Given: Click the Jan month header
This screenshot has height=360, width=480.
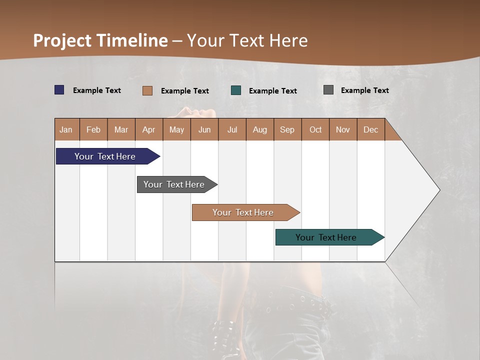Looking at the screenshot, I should (66, 129).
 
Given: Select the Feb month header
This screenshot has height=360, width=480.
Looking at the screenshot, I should (93, 129).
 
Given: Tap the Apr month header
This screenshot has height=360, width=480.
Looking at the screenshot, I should (148, 129).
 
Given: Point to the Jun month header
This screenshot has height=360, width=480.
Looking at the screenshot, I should (204, 129).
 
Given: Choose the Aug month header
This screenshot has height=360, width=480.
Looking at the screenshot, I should (259, 129).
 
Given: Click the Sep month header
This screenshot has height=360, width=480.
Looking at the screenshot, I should (287, 129).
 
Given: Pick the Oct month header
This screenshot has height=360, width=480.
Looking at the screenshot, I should (315, 129).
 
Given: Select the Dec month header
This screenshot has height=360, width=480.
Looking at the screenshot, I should (370, 129).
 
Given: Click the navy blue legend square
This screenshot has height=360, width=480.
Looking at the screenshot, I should (59, 90).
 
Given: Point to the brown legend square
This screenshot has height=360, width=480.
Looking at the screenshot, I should (147, 90).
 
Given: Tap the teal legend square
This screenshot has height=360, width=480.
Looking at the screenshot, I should (236, 90).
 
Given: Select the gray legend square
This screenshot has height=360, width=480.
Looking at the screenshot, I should (328, 90).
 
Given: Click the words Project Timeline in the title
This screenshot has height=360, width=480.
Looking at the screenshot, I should (100, 40).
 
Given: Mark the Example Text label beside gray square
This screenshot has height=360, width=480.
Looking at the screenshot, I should (364, 90).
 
